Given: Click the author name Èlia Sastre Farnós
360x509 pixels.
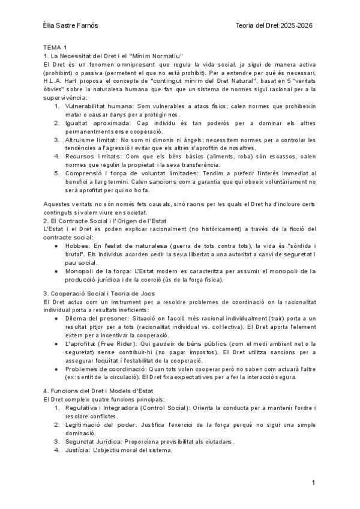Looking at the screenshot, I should tap(72, 26).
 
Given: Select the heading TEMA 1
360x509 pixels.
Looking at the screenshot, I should tap(55, 47).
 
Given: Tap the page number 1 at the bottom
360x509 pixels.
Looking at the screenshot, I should tap(313, 482).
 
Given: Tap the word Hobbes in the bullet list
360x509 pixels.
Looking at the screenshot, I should tap(76, 246).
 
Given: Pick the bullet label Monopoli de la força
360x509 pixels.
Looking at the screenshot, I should tap(95, 271).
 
